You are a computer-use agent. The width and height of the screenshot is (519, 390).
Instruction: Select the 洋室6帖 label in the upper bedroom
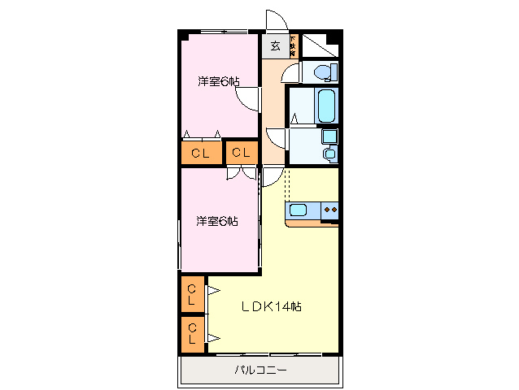point(218,81)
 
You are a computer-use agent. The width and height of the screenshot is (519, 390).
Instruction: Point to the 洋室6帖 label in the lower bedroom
point(216,221)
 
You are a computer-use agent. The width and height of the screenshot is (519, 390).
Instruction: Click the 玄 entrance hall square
point(275,46)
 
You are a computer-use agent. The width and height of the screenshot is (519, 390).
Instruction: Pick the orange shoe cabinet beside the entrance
point(294,45)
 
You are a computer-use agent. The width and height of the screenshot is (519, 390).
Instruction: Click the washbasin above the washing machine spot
point(329,136)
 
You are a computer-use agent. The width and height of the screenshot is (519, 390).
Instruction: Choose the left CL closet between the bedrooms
point(200,153)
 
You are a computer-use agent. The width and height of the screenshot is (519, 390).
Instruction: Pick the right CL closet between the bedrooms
point(242,153)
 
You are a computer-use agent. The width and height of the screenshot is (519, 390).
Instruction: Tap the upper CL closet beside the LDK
point(193,294)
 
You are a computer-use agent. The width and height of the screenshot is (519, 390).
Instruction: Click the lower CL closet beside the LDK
point(193,332)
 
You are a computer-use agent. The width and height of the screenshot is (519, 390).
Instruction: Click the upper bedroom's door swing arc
point(246,100)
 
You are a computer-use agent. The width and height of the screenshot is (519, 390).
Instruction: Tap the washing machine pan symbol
point(329,154)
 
